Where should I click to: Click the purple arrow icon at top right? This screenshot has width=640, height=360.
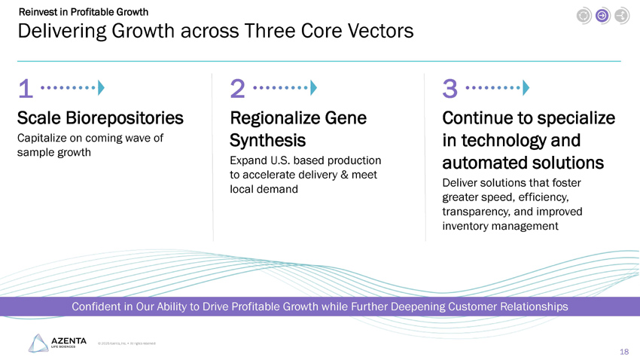(602, 15)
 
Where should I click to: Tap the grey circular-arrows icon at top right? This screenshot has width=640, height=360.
(584, 15)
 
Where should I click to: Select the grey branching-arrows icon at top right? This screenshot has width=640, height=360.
(621, 15)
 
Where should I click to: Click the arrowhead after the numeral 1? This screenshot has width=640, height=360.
(101, 88)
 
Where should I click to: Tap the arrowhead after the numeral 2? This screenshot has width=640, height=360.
(313, 88)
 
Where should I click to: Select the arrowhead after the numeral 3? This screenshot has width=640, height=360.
(526, 88)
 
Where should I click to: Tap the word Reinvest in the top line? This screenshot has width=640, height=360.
(37, 11)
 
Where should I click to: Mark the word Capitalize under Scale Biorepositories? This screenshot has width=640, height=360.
(42, 138)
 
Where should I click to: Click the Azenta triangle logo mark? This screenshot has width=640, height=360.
(38, 343)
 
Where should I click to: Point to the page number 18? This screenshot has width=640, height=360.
(623, 352)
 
